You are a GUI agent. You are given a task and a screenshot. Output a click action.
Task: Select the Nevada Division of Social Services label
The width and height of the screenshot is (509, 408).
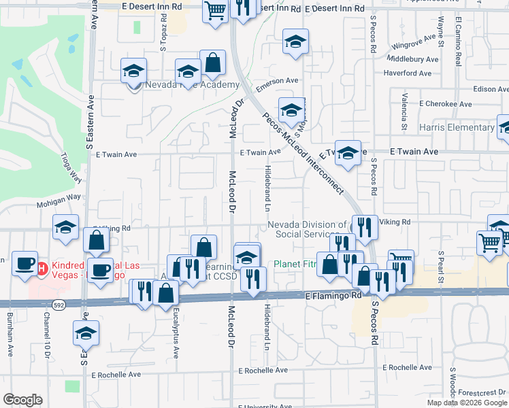coord(307,229)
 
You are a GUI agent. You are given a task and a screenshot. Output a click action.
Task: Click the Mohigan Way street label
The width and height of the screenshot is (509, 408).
coord(59,197)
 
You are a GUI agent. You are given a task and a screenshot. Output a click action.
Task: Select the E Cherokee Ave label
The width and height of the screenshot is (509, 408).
coord(446,104)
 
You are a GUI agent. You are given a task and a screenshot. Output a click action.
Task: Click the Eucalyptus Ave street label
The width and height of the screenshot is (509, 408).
coord(176,335)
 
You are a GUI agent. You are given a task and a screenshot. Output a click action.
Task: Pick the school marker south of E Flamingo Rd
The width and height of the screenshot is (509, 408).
coord(86,333)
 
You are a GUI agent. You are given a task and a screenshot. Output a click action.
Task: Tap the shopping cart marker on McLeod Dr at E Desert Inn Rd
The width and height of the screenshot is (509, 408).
coord(215,11)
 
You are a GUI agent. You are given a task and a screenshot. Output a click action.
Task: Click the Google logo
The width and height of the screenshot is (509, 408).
coord(22,400)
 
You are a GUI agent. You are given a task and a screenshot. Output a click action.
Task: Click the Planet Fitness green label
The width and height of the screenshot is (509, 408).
coord(295,264)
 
